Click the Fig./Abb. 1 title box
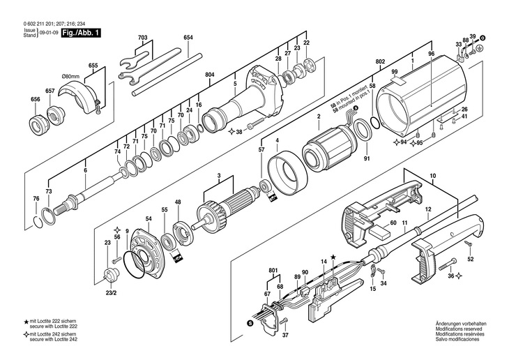81,33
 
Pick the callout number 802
381,62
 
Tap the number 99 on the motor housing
395,73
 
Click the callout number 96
431,54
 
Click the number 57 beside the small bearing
261,150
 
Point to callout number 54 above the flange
149,219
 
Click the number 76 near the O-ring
36,199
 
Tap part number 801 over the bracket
272,269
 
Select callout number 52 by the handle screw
470,260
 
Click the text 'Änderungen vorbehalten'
461,324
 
